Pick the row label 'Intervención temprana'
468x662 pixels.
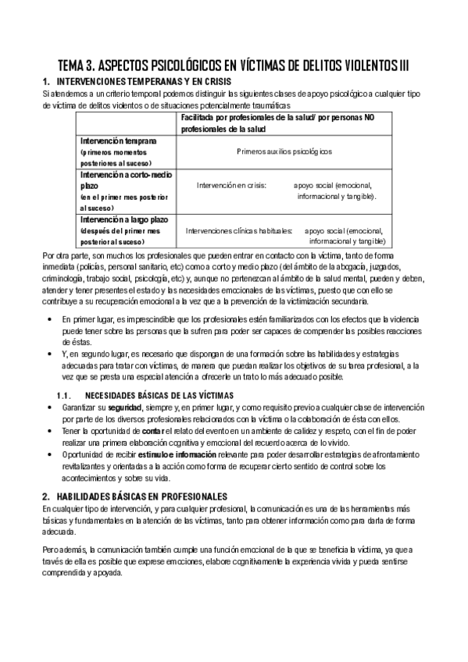(119, 140)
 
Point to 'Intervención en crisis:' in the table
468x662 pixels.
(231, 186)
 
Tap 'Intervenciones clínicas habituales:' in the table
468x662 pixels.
(239, 231)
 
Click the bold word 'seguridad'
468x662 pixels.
(125, 408)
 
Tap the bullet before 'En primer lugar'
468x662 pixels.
(50, 320)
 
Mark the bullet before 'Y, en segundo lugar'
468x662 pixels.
(50, 354)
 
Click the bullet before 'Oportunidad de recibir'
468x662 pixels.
(50, 454)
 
